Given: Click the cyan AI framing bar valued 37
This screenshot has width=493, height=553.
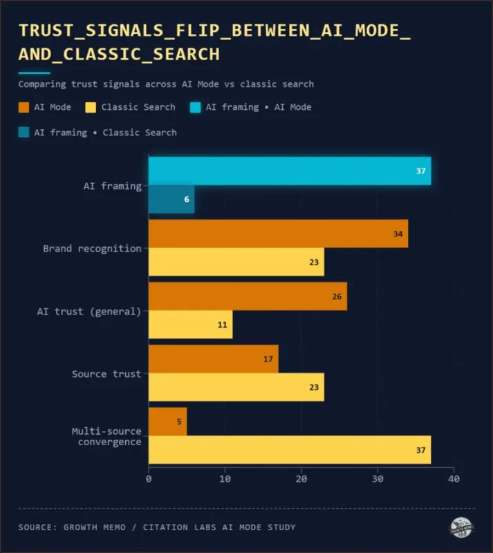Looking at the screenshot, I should pyautogui.click(x=290, y=171).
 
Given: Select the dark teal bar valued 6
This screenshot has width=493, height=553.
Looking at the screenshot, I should pyautogui.click(x=171, y=199).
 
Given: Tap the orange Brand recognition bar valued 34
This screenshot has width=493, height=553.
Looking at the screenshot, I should pyautogui.click(x=278, y=234).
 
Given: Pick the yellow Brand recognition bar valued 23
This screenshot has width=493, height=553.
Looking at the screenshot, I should pyautogui.click(x=236, y=262).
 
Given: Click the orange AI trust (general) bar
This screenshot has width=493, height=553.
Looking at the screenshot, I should pyautogui.click(x=248, y=297).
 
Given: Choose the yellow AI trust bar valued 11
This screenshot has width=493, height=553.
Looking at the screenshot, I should pyautogui.click(x=191, y=324).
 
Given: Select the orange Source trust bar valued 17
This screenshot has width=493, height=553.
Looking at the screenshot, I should pyautogui.click(x=214, y=359).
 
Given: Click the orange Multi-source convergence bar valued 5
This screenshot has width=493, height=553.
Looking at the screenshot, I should pyautogui.click(x=168, y=422).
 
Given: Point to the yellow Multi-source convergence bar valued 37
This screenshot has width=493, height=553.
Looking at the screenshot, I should pyautogui.click(x=290, y=449).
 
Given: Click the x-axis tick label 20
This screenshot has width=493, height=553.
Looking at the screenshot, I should pyautogui.click(x=301, y=478).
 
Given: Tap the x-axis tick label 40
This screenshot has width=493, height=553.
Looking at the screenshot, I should pyautogui.click(x=454, y=478).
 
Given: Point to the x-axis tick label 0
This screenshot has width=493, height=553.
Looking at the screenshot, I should pyautogui.click(x=149, y=478).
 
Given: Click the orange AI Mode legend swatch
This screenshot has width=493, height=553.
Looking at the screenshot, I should pyautogui.click(x=24, y=107).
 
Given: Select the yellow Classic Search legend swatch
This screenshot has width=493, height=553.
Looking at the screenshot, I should pyautogui.click(x=91, y=107).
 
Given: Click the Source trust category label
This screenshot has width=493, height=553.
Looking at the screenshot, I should pyautogui.click(x=106, y=374).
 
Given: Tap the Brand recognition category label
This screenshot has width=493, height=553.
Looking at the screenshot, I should pyautogui.click(x=92, y=248).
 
